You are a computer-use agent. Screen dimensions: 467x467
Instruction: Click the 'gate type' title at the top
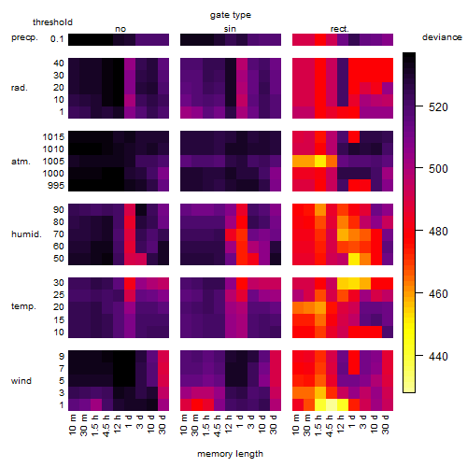pos(231,15)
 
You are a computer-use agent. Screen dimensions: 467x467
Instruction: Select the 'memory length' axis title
pos(230,454)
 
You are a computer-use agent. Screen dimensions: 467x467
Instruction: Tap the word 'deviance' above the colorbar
pos(442,37)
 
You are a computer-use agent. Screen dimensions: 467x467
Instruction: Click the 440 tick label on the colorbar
pos(438,356)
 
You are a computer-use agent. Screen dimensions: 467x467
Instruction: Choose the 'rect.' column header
pos(339,29)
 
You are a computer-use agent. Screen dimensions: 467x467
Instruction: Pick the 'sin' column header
pos(230,29)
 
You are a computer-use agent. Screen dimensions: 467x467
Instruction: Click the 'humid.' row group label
pos(26,234)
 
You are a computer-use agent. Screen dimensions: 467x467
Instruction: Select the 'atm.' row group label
pos(21,162)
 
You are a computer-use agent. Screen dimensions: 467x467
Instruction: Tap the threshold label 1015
pos(53,137)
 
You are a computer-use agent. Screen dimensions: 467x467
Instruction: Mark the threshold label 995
pos(56,186)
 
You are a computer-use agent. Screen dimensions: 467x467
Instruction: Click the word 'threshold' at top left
pos(52,22)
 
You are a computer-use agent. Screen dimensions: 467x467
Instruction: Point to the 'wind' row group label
pos(21,381)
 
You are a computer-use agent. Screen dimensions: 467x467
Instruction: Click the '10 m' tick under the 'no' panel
pos(72,425)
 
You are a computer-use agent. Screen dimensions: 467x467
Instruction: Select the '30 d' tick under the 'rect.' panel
pos(386,425)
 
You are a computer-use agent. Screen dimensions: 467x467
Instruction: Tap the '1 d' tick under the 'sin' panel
pos(240,421)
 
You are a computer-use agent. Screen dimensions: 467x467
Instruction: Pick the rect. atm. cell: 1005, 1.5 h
pos(320,162)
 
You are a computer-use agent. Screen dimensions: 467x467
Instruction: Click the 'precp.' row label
pos(24,37)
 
